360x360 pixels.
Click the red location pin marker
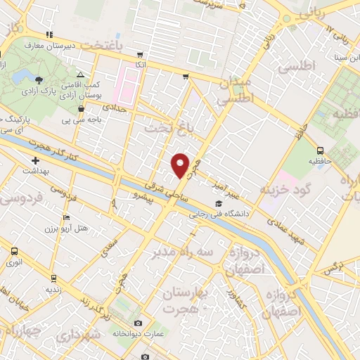[x=181, y=165]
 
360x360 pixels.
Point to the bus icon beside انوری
[x=13, y=251]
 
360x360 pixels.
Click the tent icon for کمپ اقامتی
[x=81, y=74]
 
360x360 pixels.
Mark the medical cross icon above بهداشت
[x=35, y=161]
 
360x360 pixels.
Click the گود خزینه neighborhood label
[x=282, y=191]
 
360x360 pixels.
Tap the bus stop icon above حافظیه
[x=321, y=150]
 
